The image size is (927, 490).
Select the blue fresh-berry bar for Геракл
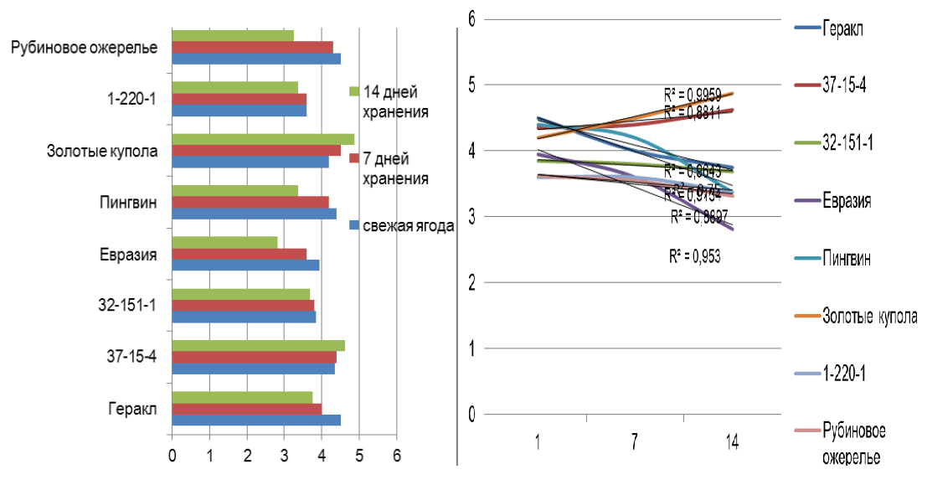[x=255, y=420]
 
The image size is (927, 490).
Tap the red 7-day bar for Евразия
[x=239, y=254]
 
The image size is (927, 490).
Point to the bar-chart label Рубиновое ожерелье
[x=85, y=48]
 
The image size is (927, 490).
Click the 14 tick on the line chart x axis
[x=733, y=445]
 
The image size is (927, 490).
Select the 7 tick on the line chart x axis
[x=635, y=445]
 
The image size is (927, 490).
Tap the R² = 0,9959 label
[x=690, y=94]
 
